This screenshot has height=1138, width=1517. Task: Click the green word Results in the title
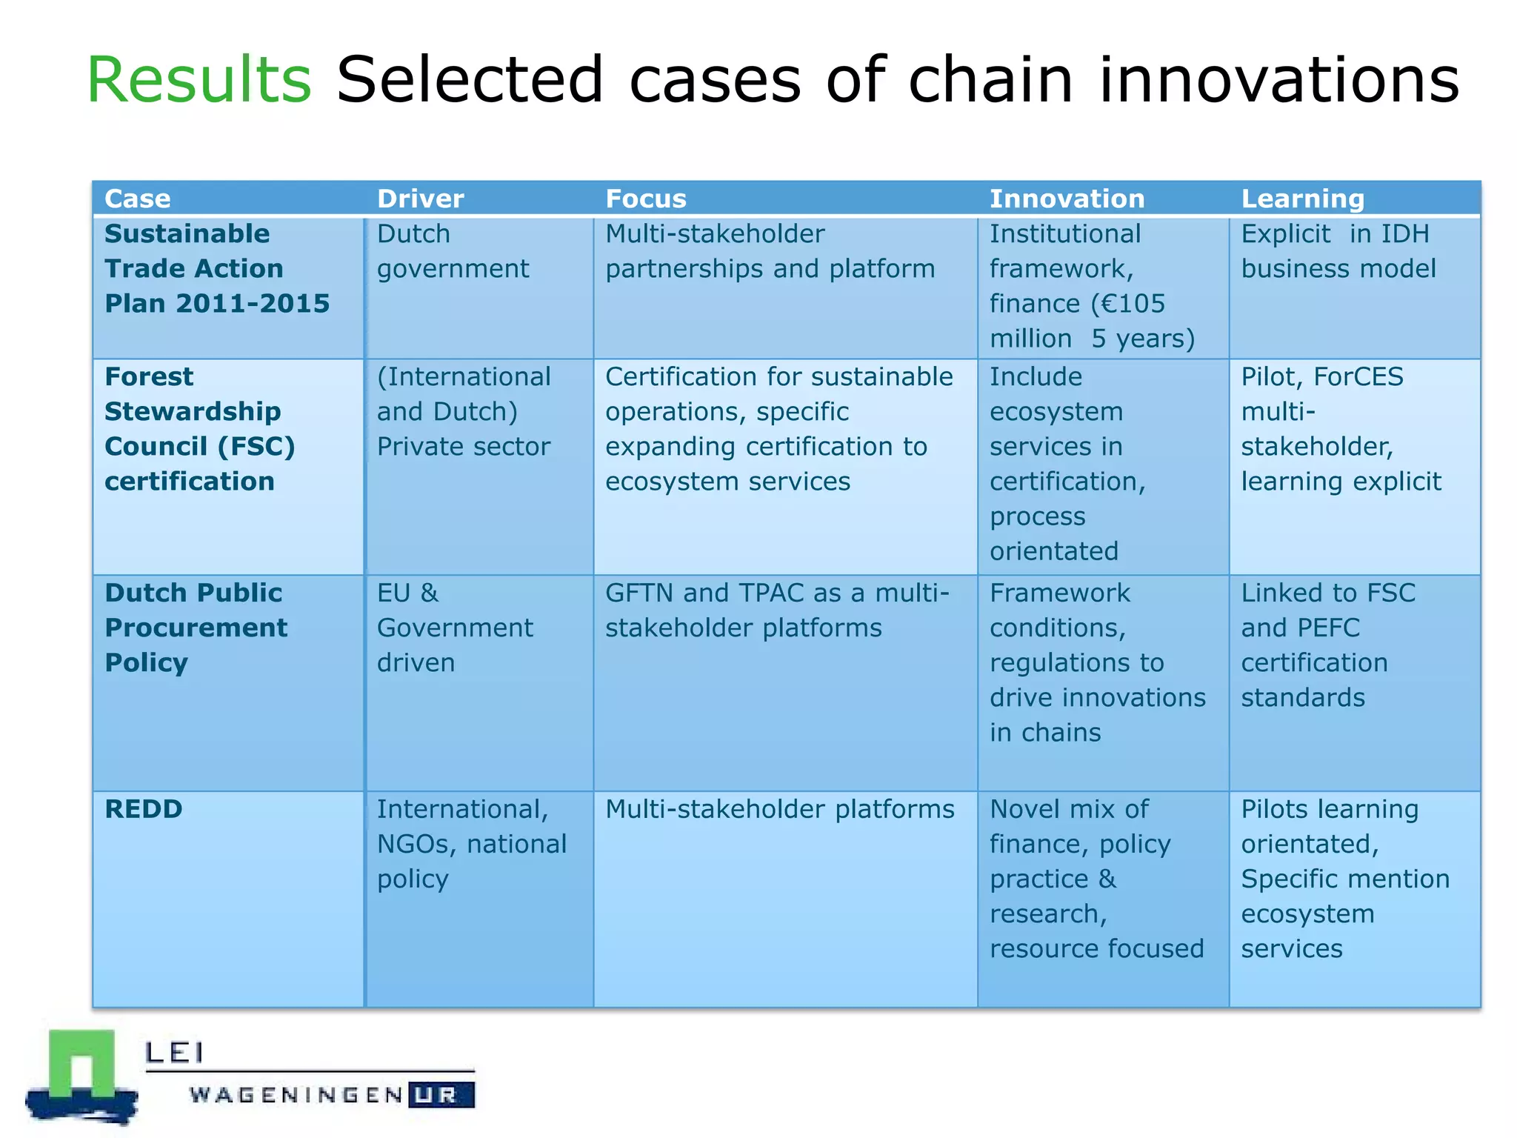pyautogui.click(x=199, y=80)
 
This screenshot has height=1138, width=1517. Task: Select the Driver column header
pyautogui.click(x=420, y=199)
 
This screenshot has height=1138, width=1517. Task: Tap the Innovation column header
pyautogui.click(x=1067, y=199)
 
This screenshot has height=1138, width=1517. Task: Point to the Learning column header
pyautogui.click(x=1302, y=199)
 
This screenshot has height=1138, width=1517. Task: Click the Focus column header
pyautogui.click(x=646, y=199)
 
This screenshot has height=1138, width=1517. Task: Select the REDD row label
pyautogui.click(x=144, y=809)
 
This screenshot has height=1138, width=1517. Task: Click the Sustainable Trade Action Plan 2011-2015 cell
pyautogui.click(x=216, y=268)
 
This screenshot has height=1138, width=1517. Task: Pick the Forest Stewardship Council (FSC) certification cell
pyautogui.click(x=200, y=429)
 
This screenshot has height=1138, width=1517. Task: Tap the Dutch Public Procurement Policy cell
pyautogui.click(x=196, y=628)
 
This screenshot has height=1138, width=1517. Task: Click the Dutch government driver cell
pyautogui.click(x=453, y=251)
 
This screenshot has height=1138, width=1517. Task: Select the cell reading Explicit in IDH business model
pyautogui.click(x=1338, y=251)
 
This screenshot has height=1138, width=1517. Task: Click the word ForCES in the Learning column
pyautogui.click(x=1358, y=377)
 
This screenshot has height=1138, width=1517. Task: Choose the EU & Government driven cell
pyautogui.click(x=454, y=628)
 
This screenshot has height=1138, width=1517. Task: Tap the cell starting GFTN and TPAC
pyautogui.click(x=776, y=610)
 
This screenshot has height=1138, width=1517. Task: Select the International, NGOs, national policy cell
pyautogui.click(x=471, y=844)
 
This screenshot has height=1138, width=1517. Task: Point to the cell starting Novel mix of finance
pyautogui.click(x=1096, y=879)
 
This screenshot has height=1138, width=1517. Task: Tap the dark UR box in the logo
pyautogui.click(x=441, y=1095)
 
